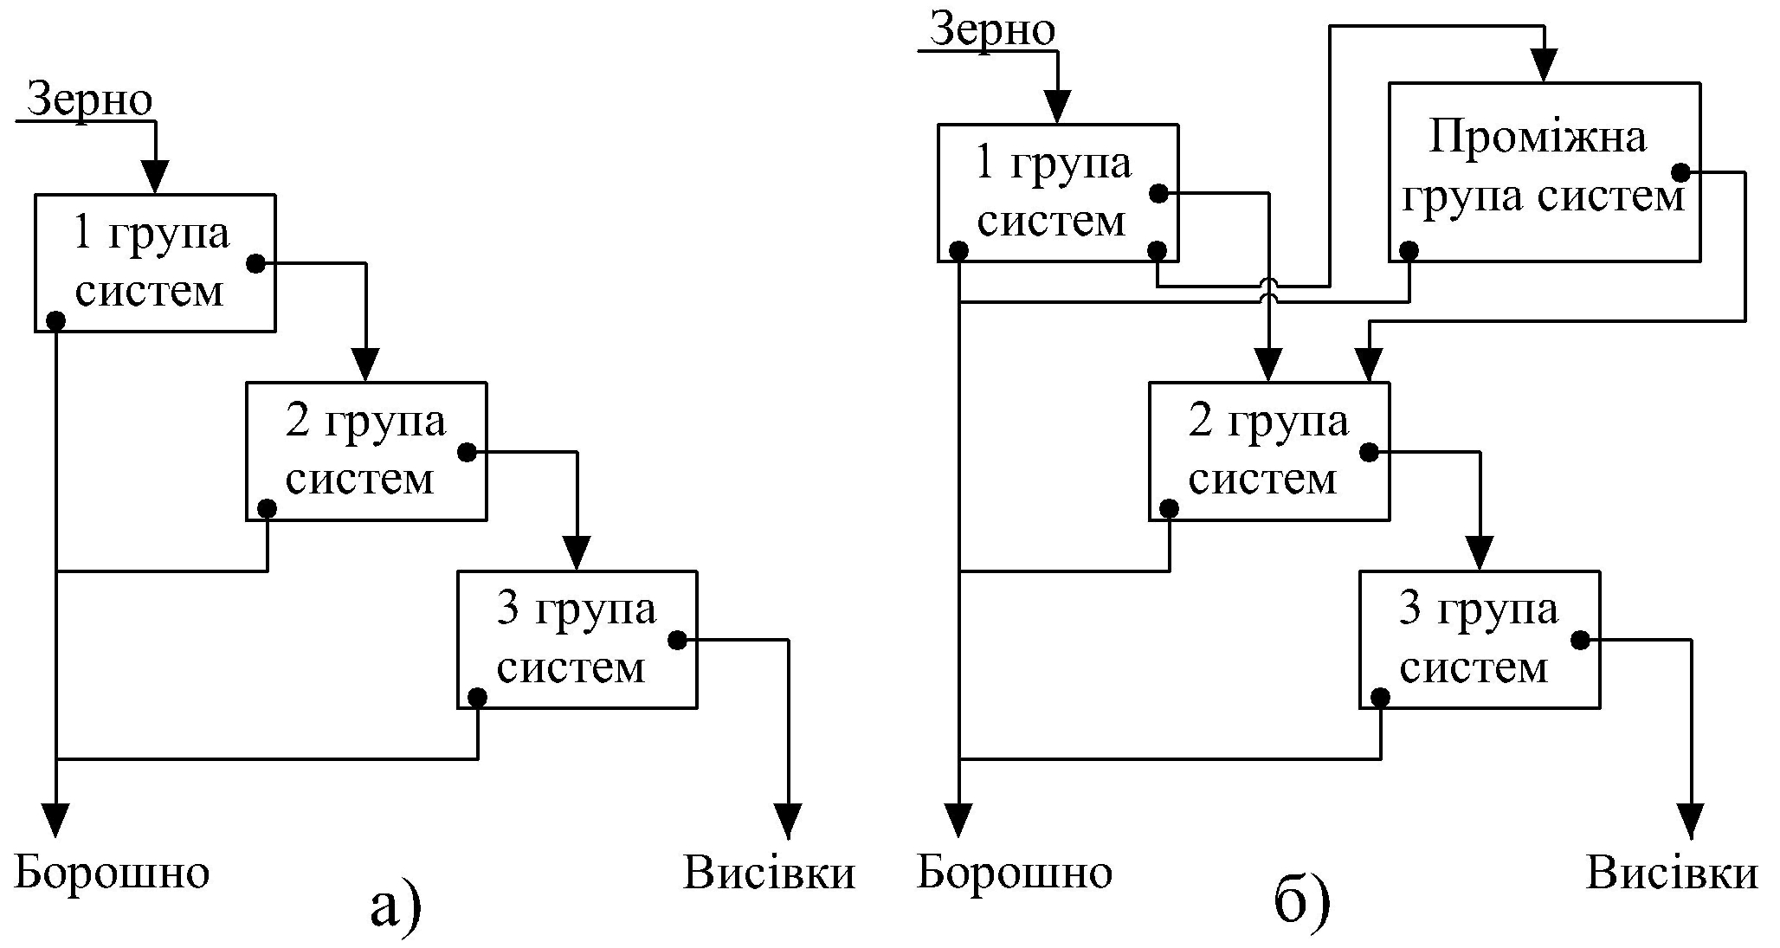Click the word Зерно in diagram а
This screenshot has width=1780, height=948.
pyautogui.click(x=90, y=100)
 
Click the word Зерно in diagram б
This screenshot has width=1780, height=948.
pyautogui.click(x=992, y=30)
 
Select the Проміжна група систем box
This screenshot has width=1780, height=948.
pyautogui.click(x=1544, y=171)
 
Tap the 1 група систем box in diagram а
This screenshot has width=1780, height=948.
pyautogui.click(x=155, y=262)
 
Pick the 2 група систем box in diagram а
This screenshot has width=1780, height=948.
pyautogui.click(x=366, y=451)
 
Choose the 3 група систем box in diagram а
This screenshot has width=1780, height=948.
pyautogui.click(x=577, y=639)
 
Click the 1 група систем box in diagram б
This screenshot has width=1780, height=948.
pyautogui.click(x=1057, y=192)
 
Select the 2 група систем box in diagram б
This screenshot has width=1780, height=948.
pyautogui.click(x=1269, y=451)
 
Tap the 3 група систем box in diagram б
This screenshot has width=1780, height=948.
pyautogui.click(x=1480, y=639)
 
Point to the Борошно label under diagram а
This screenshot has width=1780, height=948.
pyautogui.click(x=113, y=873)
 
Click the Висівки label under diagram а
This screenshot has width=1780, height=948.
pyautogui.click(x=770, y=873)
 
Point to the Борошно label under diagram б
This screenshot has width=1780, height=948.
pyautogui.click(x=1015, y=873)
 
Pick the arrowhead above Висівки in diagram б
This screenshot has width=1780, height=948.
pyautogui.click(x=1691, y=820)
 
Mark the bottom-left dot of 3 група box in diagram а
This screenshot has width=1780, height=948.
pyautogui.click(x=477, y=697)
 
